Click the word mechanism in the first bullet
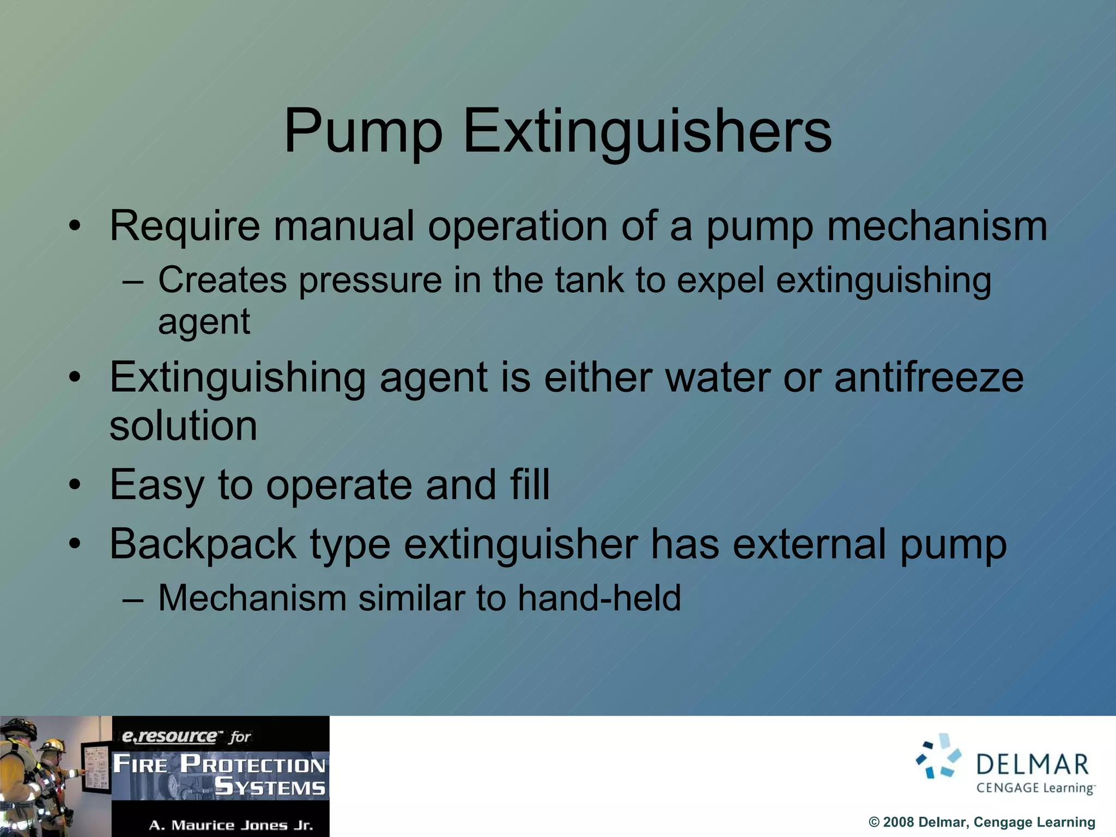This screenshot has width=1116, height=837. click(937, 226)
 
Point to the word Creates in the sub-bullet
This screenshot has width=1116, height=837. click(222, 281)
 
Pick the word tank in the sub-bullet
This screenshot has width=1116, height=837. click(589, 281)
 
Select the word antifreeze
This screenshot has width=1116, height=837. click(929, 377)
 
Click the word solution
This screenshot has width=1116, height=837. click(183, 426)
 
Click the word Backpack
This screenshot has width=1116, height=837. click(203, 544)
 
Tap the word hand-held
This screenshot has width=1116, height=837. click(599, 598)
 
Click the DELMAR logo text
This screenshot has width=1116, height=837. click(1032, 765)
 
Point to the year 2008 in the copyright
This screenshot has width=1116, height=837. click(898, 822)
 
